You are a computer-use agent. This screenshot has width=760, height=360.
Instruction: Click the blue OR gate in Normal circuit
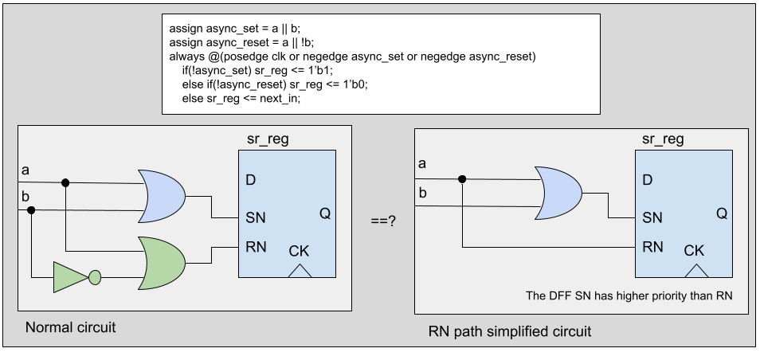[161, 196]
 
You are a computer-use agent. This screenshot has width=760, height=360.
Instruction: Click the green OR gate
[161, 262]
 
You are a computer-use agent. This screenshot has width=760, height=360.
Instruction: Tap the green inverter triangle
[70, 277]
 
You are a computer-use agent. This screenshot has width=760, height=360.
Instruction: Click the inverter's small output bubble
[95, 277]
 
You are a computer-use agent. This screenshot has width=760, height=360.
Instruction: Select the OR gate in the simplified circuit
[562, 194]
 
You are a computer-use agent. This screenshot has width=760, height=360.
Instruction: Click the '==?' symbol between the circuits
[384, 220]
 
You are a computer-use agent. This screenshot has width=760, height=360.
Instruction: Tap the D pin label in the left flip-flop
[251, 181]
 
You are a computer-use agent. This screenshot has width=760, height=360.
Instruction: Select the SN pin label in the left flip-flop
[255, 217]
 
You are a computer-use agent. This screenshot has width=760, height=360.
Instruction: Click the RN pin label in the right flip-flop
[653, 246]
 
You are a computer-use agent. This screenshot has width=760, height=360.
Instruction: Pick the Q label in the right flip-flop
[721, 213]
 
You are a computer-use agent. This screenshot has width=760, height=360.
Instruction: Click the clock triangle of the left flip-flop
[300, 271]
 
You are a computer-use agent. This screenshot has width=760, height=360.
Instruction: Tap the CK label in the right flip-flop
[694, 250]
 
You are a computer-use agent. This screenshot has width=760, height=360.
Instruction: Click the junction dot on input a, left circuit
[66, 182]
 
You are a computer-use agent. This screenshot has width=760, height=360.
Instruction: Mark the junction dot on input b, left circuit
[32, 210]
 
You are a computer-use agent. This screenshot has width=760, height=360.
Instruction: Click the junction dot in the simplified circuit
[461, 178]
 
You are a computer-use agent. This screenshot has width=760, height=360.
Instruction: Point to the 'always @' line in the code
[353, 57]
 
